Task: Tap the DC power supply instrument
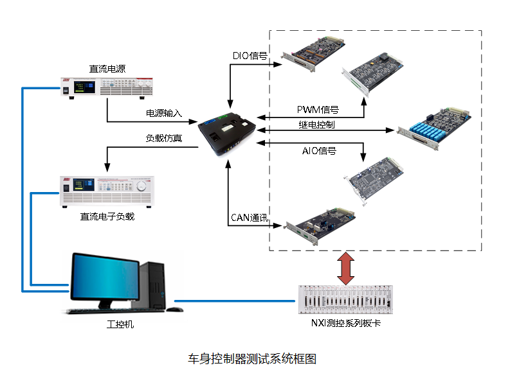107,87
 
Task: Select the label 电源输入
164,114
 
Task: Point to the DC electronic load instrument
107,191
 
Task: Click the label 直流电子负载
107,216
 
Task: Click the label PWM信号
318,110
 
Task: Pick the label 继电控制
316,123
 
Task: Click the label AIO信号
319,151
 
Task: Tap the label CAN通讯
250,217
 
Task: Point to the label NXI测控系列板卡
345,323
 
